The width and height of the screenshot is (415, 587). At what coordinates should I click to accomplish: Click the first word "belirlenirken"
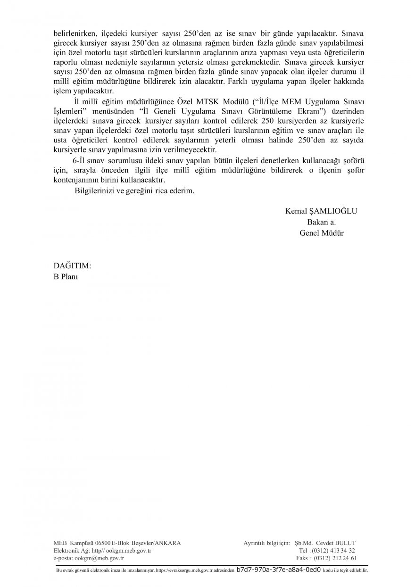[x=74, y=34]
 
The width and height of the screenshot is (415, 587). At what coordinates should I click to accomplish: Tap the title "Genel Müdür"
[x=321, y=232]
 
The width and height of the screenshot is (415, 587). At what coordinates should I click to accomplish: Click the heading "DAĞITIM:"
[x=72, y=266]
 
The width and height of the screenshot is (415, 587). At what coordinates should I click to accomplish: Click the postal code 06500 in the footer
[x=102, y=543]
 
